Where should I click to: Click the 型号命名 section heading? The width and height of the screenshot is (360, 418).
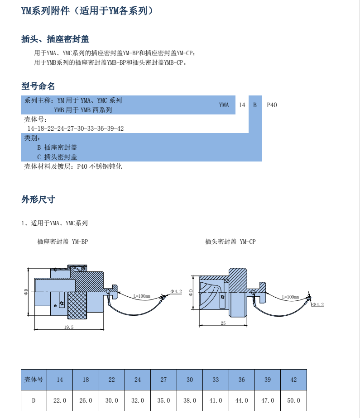point(38,86)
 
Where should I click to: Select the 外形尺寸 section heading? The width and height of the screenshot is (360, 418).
point(38,199)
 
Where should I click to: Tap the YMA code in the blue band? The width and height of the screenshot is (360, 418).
point(224,105)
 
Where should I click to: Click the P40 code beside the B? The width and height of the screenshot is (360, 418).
point(272,105)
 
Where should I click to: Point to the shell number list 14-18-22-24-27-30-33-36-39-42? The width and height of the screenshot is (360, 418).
point(75,128)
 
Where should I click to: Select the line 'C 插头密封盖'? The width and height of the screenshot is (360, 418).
point(57,157)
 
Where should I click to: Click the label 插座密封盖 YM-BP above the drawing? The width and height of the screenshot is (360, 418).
point(62,242)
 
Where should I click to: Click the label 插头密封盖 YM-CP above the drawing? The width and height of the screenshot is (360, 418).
point(230,242)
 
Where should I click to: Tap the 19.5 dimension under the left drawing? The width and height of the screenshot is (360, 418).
point(69,327)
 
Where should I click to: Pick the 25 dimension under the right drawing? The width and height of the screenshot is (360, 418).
point(223,323)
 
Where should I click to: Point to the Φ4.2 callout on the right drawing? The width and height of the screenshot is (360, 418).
point(318,304)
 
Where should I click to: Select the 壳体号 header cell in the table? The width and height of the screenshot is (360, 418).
point(34,380)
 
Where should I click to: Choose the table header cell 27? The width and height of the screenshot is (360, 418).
point(163,380)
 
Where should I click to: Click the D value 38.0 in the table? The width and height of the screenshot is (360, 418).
point(189,400)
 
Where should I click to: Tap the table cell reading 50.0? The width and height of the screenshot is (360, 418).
point(293,400)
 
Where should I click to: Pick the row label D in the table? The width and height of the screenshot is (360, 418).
point(34,400)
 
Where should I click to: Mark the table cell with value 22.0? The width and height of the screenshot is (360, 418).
point(60,400)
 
